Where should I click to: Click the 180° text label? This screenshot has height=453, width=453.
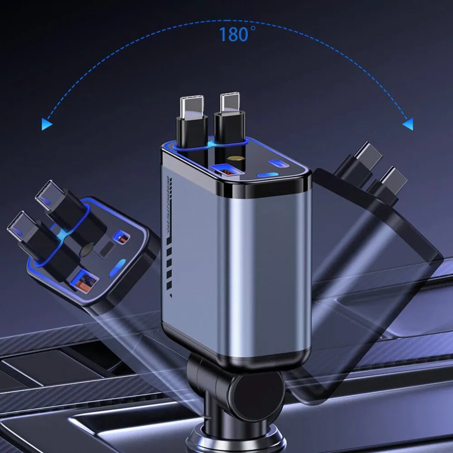coord(237,34)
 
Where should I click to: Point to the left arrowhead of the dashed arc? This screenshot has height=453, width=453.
coord(47,124)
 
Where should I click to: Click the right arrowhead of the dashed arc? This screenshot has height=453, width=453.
coord(408,125)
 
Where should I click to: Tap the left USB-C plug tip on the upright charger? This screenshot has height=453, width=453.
coord(192,107)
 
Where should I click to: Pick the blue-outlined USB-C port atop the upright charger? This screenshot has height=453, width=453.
coord(279,164)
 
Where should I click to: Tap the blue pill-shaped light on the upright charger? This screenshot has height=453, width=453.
coord(268,175)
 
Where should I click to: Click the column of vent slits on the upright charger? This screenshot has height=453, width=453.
coord(169,237)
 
